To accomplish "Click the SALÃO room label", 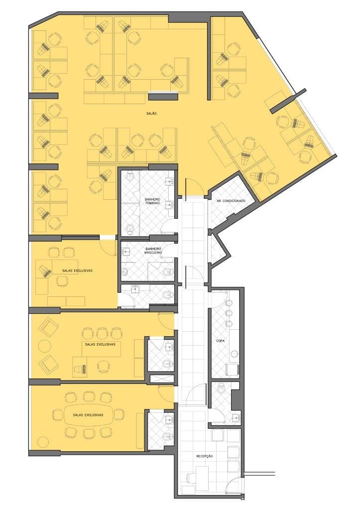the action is coord(152,114).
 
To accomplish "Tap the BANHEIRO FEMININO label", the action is coord(152,201).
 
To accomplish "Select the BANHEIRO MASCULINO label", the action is coord(153,251).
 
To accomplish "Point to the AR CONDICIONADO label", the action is coord(231,201).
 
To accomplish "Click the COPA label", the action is coord(221,341).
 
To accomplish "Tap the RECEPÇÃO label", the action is coord(205,456).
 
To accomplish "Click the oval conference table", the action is coord(88,415).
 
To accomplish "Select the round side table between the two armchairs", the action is coord(44,346).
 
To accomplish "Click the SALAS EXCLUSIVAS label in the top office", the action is coord(77,270).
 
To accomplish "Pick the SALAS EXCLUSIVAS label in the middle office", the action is coord(100,344).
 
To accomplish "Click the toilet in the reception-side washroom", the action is coord(222,387).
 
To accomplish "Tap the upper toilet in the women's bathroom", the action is coord(130,177).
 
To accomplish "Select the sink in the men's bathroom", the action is coord(125,251).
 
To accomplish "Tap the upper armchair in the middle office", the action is coord(49,327).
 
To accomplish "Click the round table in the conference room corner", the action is coord(43,442).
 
